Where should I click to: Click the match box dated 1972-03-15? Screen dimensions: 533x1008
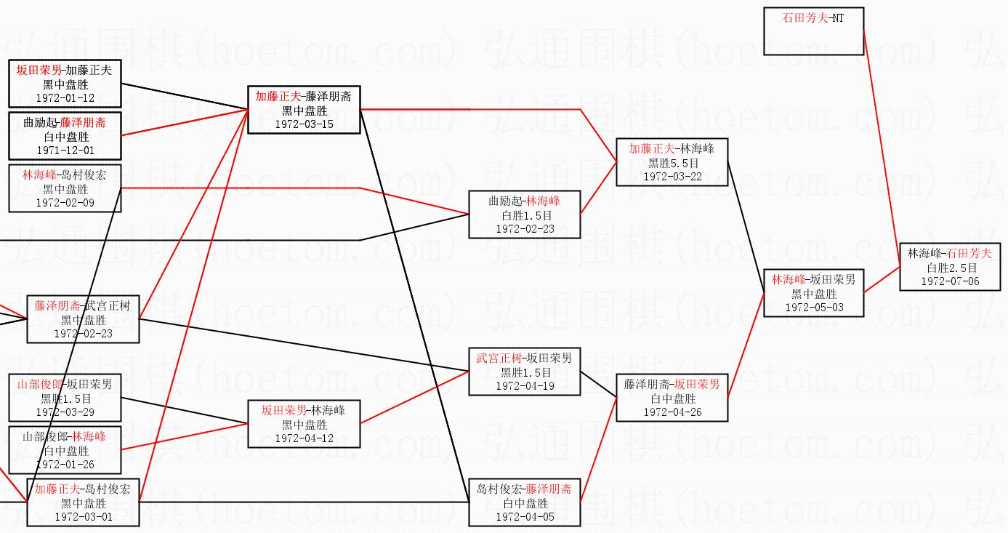tap(304, 110)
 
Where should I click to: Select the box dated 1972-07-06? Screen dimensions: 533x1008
tap(949, 267)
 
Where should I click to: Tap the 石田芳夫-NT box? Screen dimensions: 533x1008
tap(813, 31)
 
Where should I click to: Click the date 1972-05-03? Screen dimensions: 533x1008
tap(813, 308)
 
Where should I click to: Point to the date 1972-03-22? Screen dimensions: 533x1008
tap(672, 177)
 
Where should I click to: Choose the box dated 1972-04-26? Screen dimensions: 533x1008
tap(672, 398)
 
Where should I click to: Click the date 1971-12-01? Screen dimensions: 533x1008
tap(65, 151)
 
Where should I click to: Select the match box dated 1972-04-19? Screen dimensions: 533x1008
tap(524, 372)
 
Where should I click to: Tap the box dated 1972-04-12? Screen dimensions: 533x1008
tap(304, 424)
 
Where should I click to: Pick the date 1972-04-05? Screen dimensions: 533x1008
tap(525, 517)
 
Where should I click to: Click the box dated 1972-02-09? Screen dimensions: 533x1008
tap(65, 188)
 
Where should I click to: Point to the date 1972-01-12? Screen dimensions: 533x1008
tap(65, 98)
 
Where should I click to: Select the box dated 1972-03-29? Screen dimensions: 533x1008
tap(65, 398)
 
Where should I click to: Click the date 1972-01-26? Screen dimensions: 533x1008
tap(65, 464)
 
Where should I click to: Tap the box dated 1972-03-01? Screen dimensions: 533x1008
tap(83, 502)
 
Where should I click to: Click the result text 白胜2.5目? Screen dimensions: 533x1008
tap(951, 268)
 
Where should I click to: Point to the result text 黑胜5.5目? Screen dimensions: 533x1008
tap(673, 164)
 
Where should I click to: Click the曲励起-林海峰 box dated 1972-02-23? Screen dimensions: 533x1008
tap(524, 215)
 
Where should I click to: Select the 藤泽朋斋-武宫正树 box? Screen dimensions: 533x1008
tap(83, 319)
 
